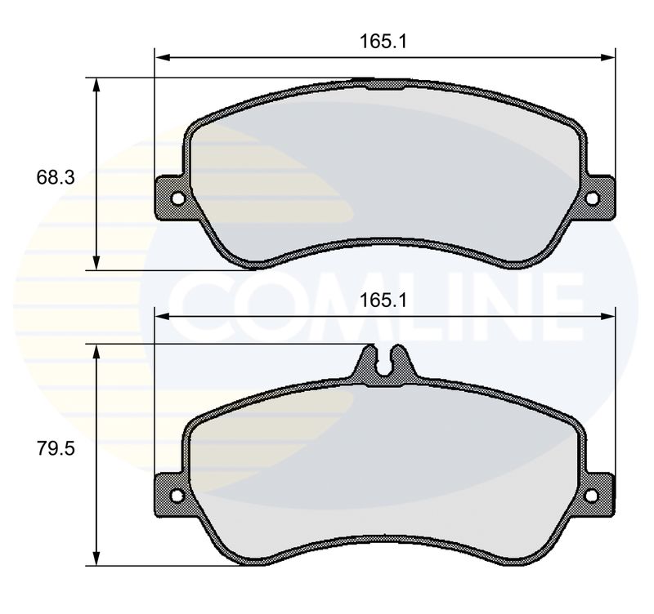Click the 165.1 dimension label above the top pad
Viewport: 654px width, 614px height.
click(383, 42)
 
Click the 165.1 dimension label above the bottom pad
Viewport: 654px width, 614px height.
click(383, 300)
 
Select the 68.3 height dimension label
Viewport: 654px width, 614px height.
click(56, 177)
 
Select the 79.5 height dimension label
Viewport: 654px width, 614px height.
click(56, 448)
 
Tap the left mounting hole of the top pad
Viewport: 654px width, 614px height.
click(177, 198)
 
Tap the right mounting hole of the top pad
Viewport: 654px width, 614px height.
click(592, 198)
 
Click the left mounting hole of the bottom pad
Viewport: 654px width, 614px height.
click(177, 496)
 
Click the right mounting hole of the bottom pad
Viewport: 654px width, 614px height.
click(592, 496)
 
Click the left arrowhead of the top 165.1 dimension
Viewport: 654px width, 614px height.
click(162, 57)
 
